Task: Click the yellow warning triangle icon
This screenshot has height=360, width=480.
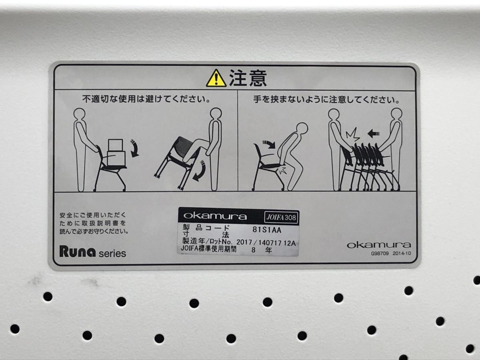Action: [x=216, y=78]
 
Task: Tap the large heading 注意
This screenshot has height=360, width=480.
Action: [x=248, y=78]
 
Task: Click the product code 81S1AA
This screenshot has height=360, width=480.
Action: [x=267, y=230]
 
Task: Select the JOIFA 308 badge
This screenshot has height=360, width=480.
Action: [x=281, y=217]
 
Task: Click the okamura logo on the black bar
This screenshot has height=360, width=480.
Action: [x=215, y=216]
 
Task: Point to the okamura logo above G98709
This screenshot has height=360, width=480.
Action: [x=379, y=245]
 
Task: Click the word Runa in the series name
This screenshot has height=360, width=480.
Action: [x=78, y=251]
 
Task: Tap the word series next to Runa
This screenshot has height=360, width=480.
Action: [x=112, y=254]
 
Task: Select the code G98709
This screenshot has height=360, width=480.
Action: [x=380, y=254]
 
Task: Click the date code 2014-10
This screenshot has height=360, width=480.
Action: [x=402, y=253]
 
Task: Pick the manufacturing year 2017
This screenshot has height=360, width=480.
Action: [x=244, y=242]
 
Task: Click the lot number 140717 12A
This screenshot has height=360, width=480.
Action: [x=277, y=243]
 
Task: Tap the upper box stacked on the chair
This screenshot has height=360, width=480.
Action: [x=116, y=145]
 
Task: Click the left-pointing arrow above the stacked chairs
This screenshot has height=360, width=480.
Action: [x=374, y=133]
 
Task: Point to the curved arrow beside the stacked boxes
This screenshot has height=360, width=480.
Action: [x=134, y=148]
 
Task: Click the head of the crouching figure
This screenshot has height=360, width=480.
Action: [x=302, y=129]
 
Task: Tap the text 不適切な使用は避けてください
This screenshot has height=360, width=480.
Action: [x=146, y=99]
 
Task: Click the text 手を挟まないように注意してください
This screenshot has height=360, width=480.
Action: [x=327, y=100]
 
